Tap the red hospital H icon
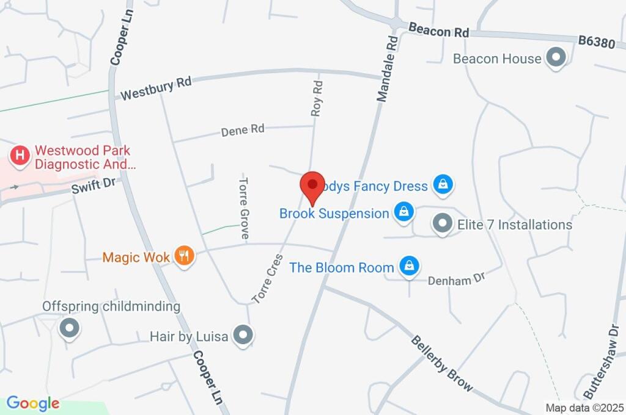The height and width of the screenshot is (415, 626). (x=21, y=155)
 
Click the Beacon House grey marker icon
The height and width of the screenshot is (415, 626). (x=556, y=59)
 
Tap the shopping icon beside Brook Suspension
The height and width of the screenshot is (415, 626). (x=403, y=213)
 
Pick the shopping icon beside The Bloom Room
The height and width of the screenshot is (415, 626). (x=408, y=267)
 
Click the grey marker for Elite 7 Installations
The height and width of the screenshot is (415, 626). (x=442, y=225)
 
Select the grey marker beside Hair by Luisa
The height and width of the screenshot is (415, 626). (x=244, y=336)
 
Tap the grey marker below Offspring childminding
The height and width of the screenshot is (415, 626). (x=69, y=328)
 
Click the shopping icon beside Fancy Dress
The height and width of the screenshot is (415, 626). (x=442, y=185)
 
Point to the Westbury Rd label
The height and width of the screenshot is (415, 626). (x=156, y=88)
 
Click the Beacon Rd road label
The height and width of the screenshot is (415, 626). (x=438, y=31)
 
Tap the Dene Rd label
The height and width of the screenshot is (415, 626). (x=243, y=129)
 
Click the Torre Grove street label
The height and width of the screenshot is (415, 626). (x=244, y=208)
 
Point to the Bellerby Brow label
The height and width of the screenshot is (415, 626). (x=442, y=363)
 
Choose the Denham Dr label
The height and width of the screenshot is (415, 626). (x=456, y=279)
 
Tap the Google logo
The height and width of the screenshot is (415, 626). (x=33, y=403)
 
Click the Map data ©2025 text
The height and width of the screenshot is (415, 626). (x=584, y=407)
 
